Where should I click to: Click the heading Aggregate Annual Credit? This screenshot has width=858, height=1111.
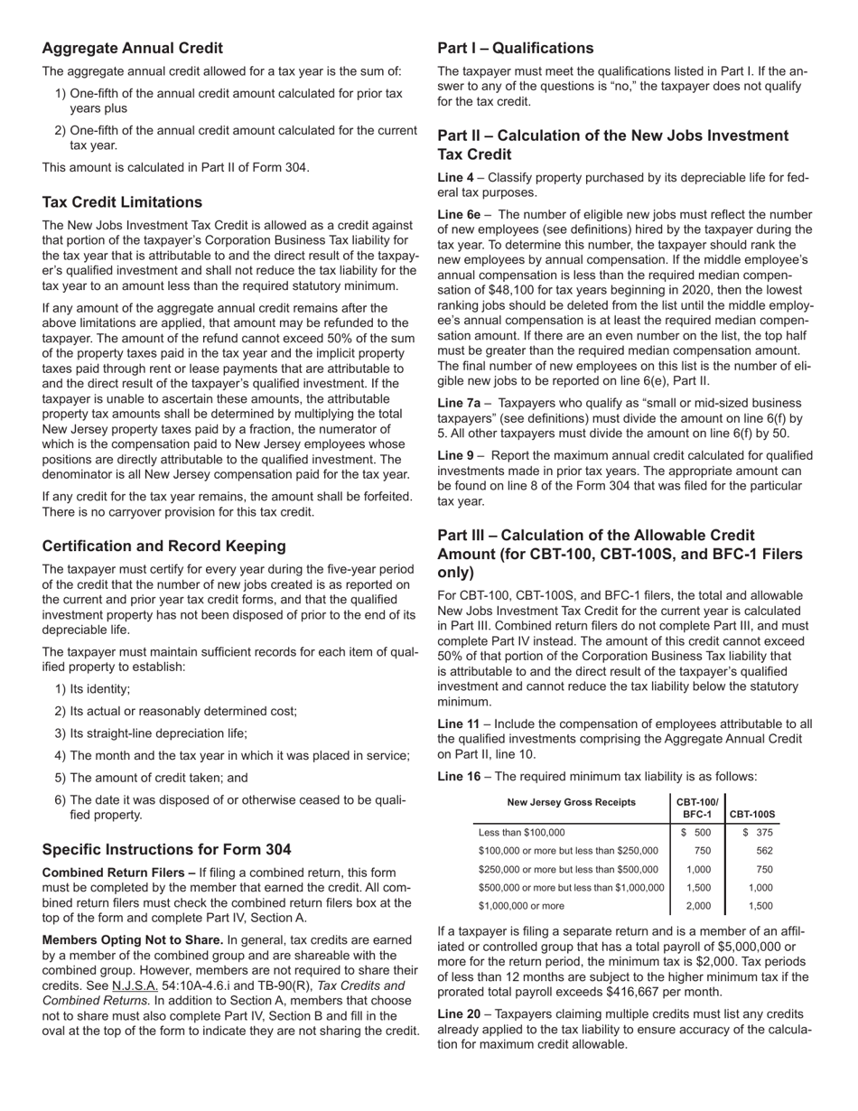click(x=132, y=49)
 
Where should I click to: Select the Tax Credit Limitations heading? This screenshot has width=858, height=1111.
click(x=122, y=201)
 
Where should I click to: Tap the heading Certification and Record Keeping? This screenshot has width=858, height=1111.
click(x=163, y=546)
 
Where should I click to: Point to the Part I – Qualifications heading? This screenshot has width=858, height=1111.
click(x=516, y=49)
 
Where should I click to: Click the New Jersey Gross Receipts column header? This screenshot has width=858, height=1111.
click(x=571, y=802)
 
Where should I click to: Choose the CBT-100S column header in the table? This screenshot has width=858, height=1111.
click(x=752, y=814)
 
